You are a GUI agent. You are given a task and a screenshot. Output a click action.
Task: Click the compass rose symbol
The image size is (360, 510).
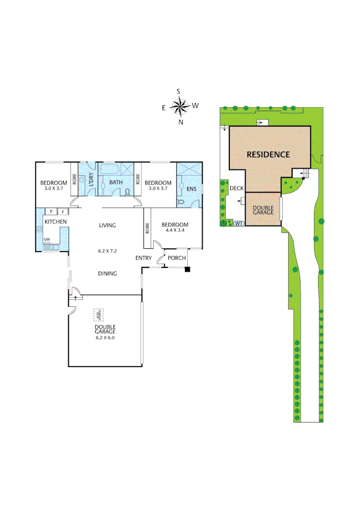click(180, 107)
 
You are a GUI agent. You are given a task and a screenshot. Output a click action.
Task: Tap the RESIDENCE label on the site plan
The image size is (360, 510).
click(268, 154)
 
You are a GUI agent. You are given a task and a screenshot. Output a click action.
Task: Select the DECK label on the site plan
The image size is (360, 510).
click(236, 188)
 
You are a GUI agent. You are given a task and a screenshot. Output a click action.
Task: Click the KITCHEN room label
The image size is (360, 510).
click(56, 221)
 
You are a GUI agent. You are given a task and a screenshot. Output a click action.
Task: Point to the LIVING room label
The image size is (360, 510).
click(107, 225)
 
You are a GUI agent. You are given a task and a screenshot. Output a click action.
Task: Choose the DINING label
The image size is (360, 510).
click(107, 273)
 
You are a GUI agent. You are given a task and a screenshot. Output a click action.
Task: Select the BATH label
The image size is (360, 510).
click(116, 182)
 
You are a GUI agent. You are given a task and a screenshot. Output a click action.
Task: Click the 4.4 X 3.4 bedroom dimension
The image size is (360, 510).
click(175, 231)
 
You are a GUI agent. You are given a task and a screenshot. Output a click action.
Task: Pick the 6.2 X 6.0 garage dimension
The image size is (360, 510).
click(105, 338)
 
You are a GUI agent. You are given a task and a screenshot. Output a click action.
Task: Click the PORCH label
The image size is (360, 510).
click(177, 258)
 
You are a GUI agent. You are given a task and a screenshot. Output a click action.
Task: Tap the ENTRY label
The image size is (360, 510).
click(143, 258)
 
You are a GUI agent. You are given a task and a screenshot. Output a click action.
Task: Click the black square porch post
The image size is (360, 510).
click(188, 270)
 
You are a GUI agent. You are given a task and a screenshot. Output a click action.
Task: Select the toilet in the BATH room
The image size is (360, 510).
click(128, 191)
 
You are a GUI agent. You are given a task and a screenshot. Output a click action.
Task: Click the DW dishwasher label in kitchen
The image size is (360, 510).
click(47, 239)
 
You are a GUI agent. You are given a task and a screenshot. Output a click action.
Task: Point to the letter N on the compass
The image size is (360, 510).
click(181, 122)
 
